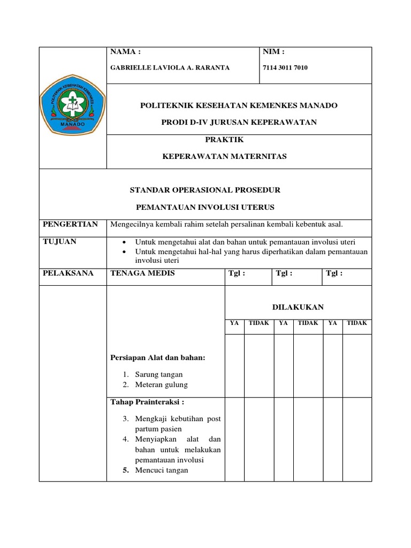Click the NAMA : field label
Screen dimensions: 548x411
pyautogui.click(x=125, y=52)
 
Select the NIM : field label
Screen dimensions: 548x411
pyautogui.click(x=273, y=52)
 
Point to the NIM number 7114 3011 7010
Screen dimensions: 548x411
pyautogui.click(x=285, y=67)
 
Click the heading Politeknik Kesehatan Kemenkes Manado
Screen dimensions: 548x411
pyautogui.click(x=239, y=105)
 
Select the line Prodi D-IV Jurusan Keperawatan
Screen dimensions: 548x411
pyautogui.click(x=239, y=123)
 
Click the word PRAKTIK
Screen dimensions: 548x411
pyautogui.click(x=225, y=140)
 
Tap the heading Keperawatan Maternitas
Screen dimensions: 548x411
pyautogui.click(x=225, y=156)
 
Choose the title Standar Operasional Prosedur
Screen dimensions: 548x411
pyautogui.click(x=205, y=190)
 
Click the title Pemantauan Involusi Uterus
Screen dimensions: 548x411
pyautogui.click(x=205, y=207)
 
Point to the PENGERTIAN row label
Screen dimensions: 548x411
pyautogui.click(x=70, y=224)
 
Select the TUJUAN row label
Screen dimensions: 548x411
pyautogui.click(x=59, y=241)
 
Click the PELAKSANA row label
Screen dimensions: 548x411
pyautogui.click(x=68, y=273)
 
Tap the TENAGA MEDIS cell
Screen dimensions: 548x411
pyautogui.click(x=142, y=273)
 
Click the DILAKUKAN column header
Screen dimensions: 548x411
pyautogui.click(x=298, y=307)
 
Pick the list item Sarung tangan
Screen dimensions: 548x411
pyautogui.click(x=159, y=375)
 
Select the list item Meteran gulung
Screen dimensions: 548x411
pyautogui.click(x=162, y=385)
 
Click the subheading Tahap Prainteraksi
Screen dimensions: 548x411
pyautogui.click(x=147, y=402)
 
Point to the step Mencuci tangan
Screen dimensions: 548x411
pyautogui.click(x=162, y=470)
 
